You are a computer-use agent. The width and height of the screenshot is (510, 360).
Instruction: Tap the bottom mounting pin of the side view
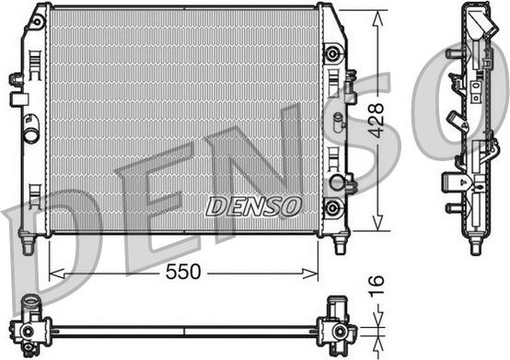click(x=475, y=244)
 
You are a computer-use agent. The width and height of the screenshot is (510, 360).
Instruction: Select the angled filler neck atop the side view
click(x=469, y=20)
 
